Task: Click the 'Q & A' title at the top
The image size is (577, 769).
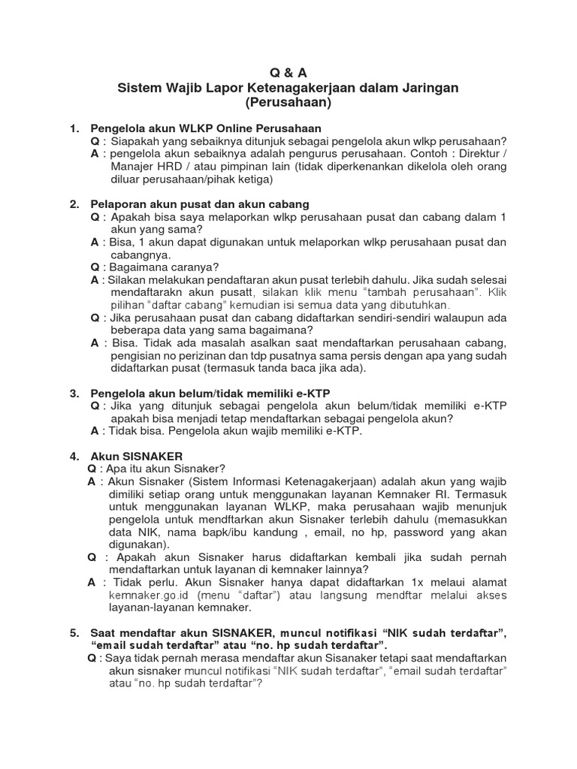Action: (288, 73)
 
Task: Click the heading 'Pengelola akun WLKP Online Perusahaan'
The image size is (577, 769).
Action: (205, 128)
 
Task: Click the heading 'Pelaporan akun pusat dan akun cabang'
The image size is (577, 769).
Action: (200, 204)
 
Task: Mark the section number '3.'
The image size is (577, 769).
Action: (74, 394)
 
